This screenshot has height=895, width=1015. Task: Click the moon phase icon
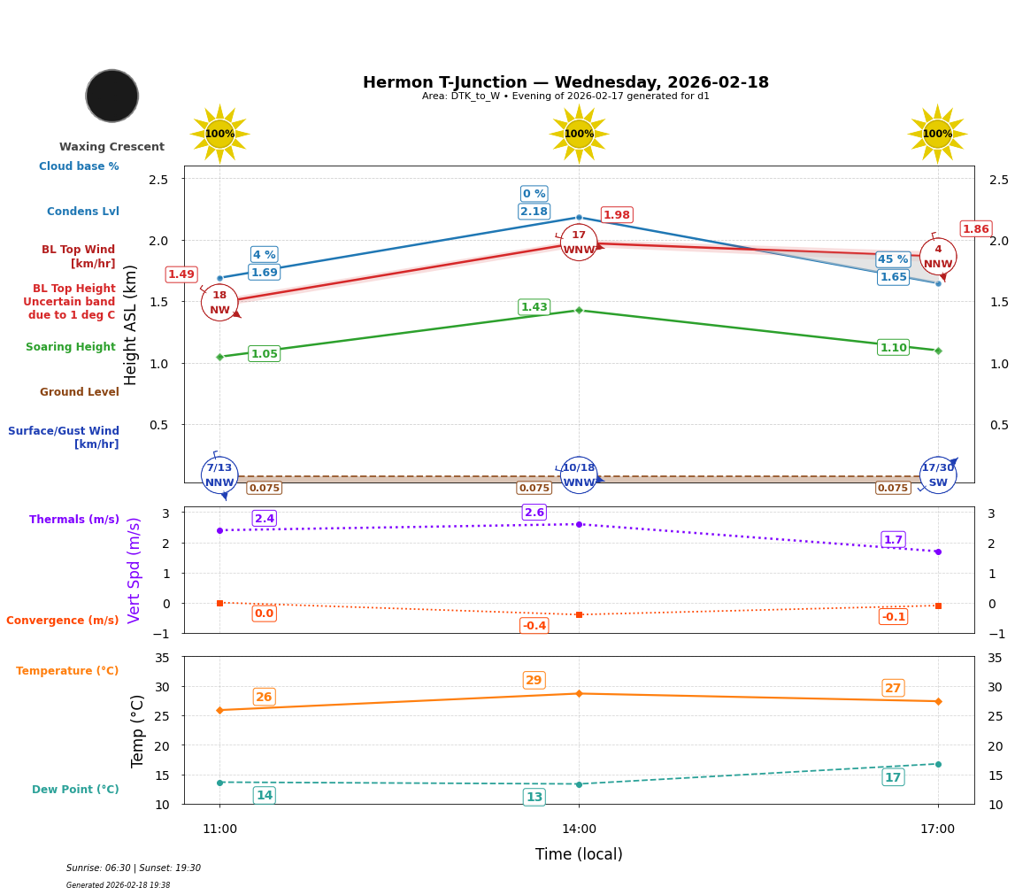[112, 96]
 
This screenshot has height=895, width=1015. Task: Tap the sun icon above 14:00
[579, 134]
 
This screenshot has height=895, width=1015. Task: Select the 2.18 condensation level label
[534, 212]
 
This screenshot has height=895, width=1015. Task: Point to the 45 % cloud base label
[893, 259]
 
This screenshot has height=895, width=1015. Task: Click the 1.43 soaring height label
[534, 307]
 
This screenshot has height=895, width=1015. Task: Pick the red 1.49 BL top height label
[181, 274]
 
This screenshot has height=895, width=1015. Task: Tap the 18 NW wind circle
[219, 303]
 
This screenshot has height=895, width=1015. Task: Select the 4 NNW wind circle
[938, 257]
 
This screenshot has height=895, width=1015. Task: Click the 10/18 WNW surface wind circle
[579, 475]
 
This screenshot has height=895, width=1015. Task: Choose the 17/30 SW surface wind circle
[938, 475]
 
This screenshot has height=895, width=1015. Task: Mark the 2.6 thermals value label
[534, 513]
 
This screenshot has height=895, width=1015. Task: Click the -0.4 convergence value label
[534, 626]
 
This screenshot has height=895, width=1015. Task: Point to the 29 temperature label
[534, 681]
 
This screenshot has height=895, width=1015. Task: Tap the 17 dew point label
[893, 777]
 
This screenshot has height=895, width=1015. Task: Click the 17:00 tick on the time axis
[938, 829]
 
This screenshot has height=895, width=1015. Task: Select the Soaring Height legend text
[71, 347]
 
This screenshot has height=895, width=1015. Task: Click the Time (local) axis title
[579, 854]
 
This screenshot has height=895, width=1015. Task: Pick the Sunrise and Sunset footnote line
[134, 868]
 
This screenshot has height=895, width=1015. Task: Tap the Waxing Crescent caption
[111, 147]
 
